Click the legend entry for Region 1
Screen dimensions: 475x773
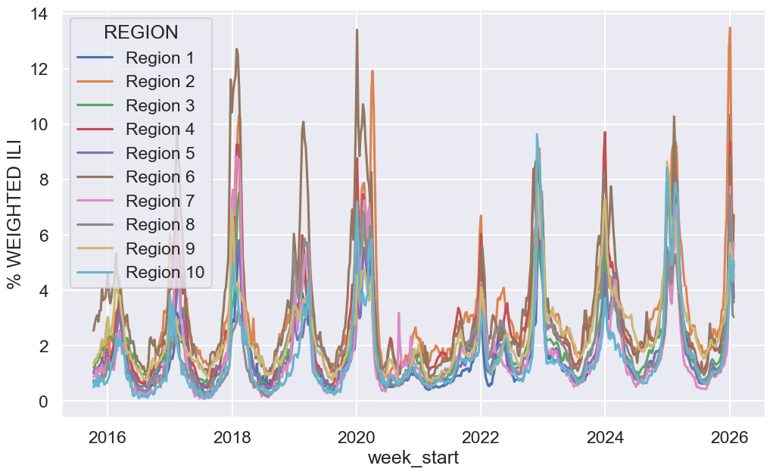[x=160, y=58]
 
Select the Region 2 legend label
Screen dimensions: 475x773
[x=160, y=81]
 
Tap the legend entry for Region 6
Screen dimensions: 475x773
[x=160, y=177]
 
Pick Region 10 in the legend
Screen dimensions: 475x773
[x=164, y=273]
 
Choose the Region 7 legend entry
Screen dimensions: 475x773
[x=160, y=202]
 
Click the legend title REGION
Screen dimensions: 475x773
[x=141, y=33]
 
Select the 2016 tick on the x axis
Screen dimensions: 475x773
[x=108, y=437]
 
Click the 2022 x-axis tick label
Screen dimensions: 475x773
[x=480, y=437]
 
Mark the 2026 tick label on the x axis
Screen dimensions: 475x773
[x=729, y=437]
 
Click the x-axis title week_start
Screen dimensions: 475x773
[x=413, y=458]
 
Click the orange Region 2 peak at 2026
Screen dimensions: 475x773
[x=730, y=28]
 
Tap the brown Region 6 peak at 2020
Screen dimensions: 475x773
[x=357, y=30]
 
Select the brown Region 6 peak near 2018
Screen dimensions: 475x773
[x=237, y=49]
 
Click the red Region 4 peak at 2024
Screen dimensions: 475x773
[x=605, y=133]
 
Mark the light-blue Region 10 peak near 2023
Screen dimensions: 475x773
[x=537, y=135]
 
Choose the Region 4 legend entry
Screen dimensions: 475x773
[x=160, y=130]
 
